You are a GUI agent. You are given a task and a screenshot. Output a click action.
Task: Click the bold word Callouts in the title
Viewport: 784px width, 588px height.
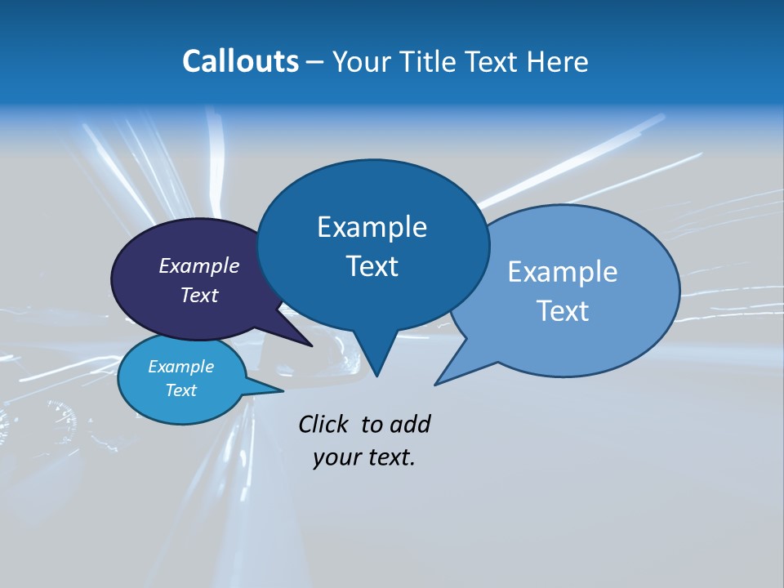pyautogui.click(x=240, y=61)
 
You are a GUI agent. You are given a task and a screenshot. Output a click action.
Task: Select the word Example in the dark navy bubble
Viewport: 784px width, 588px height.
pyautogui.click(x=198, y=265)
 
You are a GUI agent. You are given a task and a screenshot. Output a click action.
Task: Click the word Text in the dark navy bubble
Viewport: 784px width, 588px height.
pyautogui.click(x=198, y=295)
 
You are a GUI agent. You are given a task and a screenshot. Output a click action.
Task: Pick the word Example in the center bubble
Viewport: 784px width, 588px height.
pyautogui.click(x=372, y=227)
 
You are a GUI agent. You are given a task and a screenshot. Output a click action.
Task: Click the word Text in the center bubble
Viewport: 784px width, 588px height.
pyautogui.click(x=372, y=266)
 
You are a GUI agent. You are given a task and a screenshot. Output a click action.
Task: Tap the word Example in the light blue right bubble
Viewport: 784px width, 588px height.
pyautogui.click(x=562, y=272)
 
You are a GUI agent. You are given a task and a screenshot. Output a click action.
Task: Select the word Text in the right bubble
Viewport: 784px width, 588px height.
pyautogui.click(x=562, y=311)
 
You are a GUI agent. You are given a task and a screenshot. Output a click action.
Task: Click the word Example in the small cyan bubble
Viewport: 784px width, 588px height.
pyautogui.click(x=180, y=367)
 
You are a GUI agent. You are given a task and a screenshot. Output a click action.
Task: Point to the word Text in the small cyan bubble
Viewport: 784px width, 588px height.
pyautogui.click(x=180, y=390)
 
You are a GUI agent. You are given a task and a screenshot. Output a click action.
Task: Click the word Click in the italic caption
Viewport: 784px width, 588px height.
pyautogui.click(x=324, y=424)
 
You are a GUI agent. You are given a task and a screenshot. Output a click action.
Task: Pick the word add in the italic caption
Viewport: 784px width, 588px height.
pyautogui.click(x=410, y=424)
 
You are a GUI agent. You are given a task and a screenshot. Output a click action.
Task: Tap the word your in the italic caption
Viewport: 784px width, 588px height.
pyautogui.click(x=335, y=457)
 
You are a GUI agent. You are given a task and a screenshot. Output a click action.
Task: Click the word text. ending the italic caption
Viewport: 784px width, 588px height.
pyautogui.click(x=387, y=457)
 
